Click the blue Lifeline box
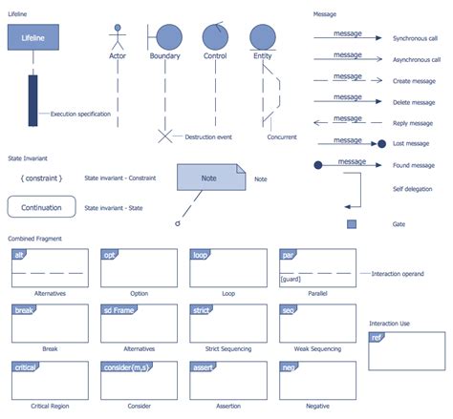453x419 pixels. point(33,37)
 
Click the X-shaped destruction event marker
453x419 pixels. point(164,136)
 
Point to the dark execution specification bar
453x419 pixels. point(33,100)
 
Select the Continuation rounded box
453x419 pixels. point(41,207)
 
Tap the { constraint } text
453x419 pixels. point(41,178)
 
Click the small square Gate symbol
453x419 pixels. point(352,224)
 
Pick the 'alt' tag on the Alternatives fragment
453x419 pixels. point(18,256)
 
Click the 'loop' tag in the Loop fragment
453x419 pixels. point(201,256)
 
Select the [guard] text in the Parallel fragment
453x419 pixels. point(291,279)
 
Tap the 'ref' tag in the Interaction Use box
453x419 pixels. point(377,338)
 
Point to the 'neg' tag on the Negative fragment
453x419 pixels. point(288,367)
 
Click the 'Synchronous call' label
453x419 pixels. point(416,38)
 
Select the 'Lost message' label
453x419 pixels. point(412,143)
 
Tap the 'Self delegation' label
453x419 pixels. point(413,189)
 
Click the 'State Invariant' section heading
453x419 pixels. point(28,157)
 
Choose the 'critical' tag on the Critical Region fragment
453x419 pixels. point(25,367)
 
